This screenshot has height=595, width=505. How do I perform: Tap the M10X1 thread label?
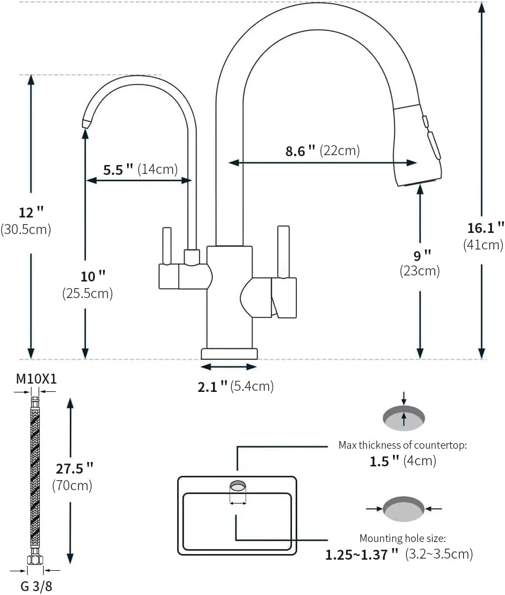click(x=36, y=379)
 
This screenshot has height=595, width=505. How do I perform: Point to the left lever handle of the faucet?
click(x=166, y=246)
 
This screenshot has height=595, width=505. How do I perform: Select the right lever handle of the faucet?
click(x=284, y=251)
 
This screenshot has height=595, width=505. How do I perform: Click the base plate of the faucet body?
click(x=229, y=353)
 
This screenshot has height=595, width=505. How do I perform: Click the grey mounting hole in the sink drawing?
click(x=237, y=486)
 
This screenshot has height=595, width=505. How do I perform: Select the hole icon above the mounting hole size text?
click(x=404, y=508)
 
